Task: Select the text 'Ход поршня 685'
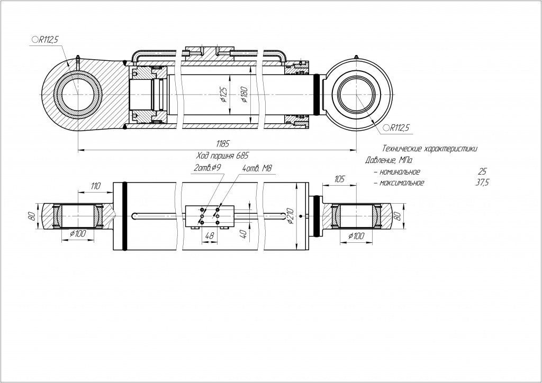222,156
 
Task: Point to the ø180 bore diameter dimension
243,95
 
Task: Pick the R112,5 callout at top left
47,39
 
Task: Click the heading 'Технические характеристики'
429,149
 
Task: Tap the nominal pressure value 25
482,172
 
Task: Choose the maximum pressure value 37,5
482,183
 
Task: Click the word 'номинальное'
400,172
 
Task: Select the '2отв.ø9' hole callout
207,168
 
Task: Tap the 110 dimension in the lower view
95,186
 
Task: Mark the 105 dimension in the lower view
339,180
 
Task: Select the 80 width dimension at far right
398,216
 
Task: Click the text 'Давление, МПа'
389,160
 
